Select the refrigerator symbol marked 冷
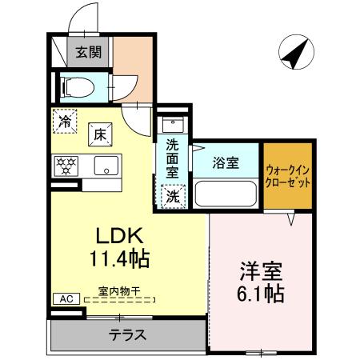[x=66, y=122]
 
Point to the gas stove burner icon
[x=65, y=166]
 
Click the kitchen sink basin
[x=104, y=166]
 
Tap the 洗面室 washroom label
[x=172, y=158]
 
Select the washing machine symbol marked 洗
[x=172, y=194]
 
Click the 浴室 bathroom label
[x=226, y=163]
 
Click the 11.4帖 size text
[x=120, y=260]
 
